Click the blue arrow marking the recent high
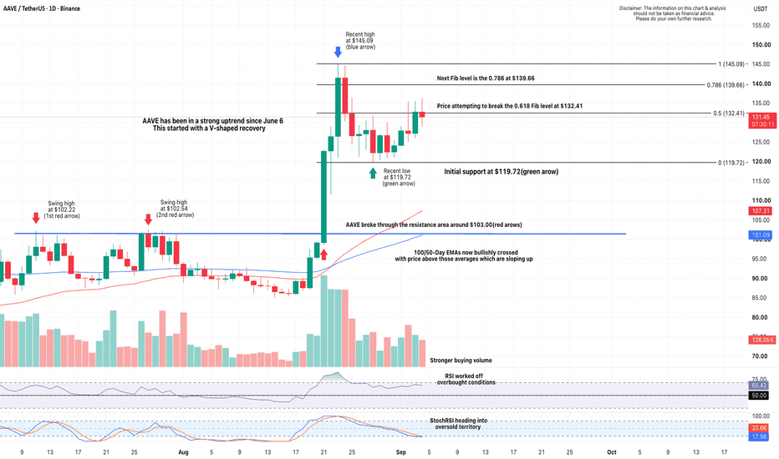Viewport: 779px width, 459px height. tap(338, 52)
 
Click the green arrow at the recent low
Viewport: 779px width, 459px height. tap(373, 173)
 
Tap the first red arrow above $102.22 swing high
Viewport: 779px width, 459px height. tap(36, 218)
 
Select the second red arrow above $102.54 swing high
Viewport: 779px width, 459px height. tap(148, 219)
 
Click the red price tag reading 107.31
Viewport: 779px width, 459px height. tap(760, 211)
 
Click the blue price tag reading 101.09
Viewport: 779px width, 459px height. tap(760, 235)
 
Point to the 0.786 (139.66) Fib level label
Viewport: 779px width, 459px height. tap(726, 85)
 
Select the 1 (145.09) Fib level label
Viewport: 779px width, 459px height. tap(731, 64)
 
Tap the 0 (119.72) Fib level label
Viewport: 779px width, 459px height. tap(731, 163)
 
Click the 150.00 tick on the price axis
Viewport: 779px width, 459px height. tap(761, 45)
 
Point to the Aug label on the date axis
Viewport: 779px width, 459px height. tap(183, 452)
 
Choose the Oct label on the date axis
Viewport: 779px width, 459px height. tap(612, 452)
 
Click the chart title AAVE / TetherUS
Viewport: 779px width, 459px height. tap(24, 8)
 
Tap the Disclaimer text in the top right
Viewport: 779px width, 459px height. tap(673, 13)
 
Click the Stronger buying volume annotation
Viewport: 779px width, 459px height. tap(461, 361)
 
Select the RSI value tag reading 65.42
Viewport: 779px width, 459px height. tap(759, 386)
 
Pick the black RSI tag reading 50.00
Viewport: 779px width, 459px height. tap(759, 396)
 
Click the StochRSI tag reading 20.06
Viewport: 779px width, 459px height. tap(759, 428)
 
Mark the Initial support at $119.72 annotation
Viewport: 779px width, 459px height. tap(501, 172)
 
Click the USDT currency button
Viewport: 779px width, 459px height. tap(761, 8)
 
